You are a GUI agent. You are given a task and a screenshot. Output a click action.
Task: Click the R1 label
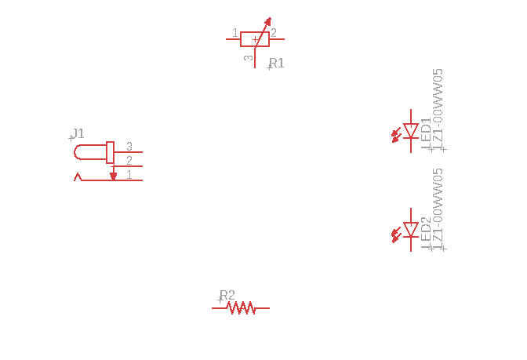coord(277,64)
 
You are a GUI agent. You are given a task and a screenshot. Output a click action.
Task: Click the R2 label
coord(227,296)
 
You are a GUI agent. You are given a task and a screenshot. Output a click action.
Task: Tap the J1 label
coord(78,133)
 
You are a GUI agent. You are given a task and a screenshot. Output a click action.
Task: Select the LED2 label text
coord(426,232)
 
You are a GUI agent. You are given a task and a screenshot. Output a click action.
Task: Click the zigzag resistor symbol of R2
coord(242,308)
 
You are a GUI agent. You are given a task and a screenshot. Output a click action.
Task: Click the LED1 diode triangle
coord(411,131)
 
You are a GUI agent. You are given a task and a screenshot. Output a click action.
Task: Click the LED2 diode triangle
coord(411,230)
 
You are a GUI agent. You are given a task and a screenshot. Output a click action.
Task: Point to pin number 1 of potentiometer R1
coord(234,33)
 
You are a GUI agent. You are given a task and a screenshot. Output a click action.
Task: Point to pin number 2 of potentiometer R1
coord(274,33)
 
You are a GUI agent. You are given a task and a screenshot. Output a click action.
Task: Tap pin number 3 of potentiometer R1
coord(249,58)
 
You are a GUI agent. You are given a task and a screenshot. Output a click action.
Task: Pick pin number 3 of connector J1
coord(129,147)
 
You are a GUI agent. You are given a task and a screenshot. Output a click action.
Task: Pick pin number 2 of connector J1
coord(129,161)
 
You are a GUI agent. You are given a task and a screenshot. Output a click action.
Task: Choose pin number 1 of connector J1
coord(129,175)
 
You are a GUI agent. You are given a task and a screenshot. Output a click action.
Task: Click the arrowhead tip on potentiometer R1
coord(269,20)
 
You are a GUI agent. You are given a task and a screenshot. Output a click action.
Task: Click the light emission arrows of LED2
coord(396,234)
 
